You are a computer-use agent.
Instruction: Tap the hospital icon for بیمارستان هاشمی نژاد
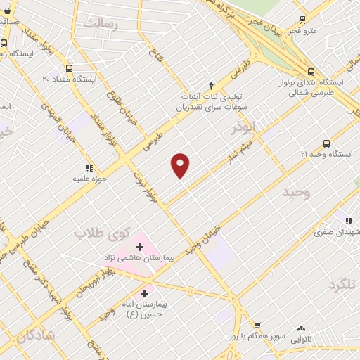139,247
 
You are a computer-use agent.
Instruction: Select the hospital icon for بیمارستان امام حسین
145,292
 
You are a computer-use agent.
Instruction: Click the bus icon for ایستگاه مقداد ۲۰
69,68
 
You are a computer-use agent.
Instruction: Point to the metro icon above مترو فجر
302,19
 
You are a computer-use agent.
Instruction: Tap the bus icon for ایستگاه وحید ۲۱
326,143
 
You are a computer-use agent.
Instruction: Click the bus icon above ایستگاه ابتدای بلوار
311,71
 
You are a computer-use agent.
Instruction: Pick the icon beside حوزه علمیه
89,168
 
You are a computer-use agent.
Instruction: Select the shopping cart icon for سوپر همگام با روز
257,326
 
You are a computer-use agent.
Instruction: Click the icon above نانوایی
302,328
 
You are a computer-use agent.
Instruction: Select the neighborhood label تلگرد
343,284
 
